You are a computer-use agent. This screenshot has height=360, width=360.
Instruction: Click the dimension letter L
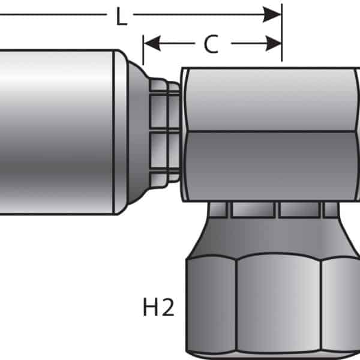(x=121, y=16)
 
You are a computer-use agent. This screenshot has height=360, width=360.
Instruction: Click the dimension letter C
(x=211, y=44)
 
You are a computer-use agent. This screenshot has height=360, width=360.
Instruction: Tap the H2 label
(x=158, y=307)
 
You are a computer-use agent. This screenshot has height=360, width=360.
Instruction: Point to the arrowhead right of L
(x=272, y=14)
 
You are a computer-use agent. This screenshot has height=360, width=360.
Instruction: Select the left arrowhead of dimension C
(x=152, y=43)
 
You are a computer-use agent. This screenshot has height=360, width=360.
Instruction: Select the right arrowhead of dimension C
(x=273, y=43)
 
